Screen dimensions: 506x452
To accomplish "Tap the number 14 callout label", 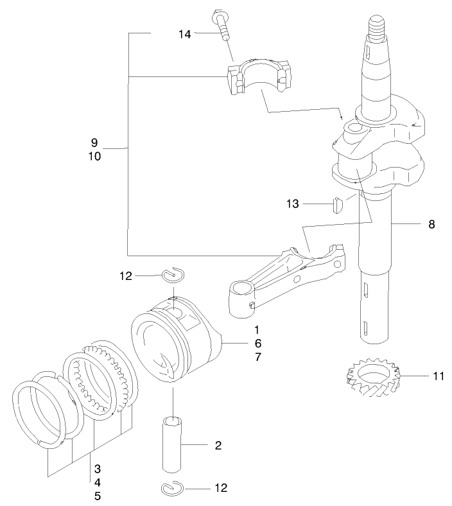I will (x=184, y=34).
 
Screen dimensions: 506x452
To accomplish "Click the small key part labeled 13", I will (x=335, y=205).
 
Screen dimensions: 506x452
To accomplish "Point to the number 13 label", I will (x=293, y=204).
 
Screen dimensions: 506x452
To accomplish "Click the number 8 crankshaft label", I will (x=431, y=224).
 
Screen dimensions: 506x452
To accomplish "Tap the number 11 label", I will (x=438, y=376).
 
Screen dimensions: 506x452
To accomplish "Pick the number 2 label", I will (x=218, y=445).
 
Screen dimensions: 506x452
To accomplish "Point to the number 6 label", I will (x=257, y=343).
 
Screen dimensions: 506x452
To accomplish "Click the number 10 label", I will (x=94, y=156).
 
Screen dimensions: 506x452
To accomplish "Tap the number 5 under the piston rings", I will (x=97, y=496).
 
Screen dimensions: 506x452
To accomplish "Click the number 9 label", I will (x=94, y=142).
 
